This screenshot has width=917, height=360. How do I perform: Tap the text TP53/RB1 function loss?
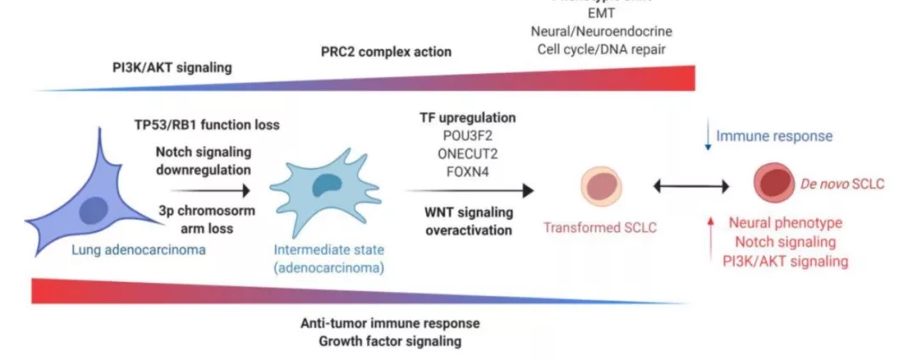pos(206,125)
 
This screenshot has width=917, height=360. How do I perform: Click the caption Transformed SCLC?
pos(601,228)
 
